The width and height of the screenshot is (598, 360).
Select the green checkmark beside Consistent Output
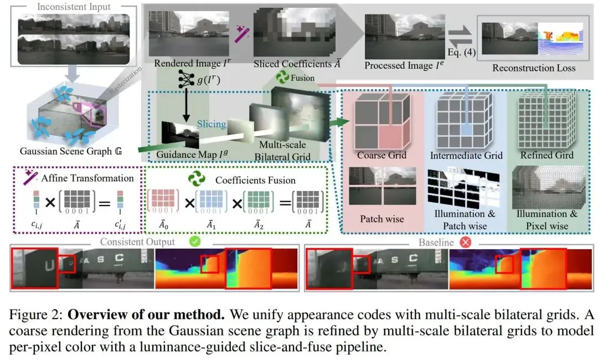(194, 242)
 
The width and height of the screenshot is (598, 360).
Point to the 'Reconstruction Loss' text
(534, 68)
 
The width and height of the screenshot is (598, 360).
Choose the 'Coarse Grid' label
(382, 155)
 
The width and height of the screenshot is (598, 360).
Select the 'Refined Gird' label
(547, 155)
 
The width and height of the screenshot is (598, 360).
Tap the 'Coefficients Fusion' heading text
(255, 180)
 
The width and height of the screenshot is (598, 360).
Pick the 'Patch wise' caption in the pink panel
(382, 219)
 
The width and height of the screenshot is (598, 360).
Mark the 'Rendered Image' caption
(183, 63)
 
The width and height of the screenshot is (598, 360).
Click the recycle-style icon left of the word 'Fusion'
(283, 78)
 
